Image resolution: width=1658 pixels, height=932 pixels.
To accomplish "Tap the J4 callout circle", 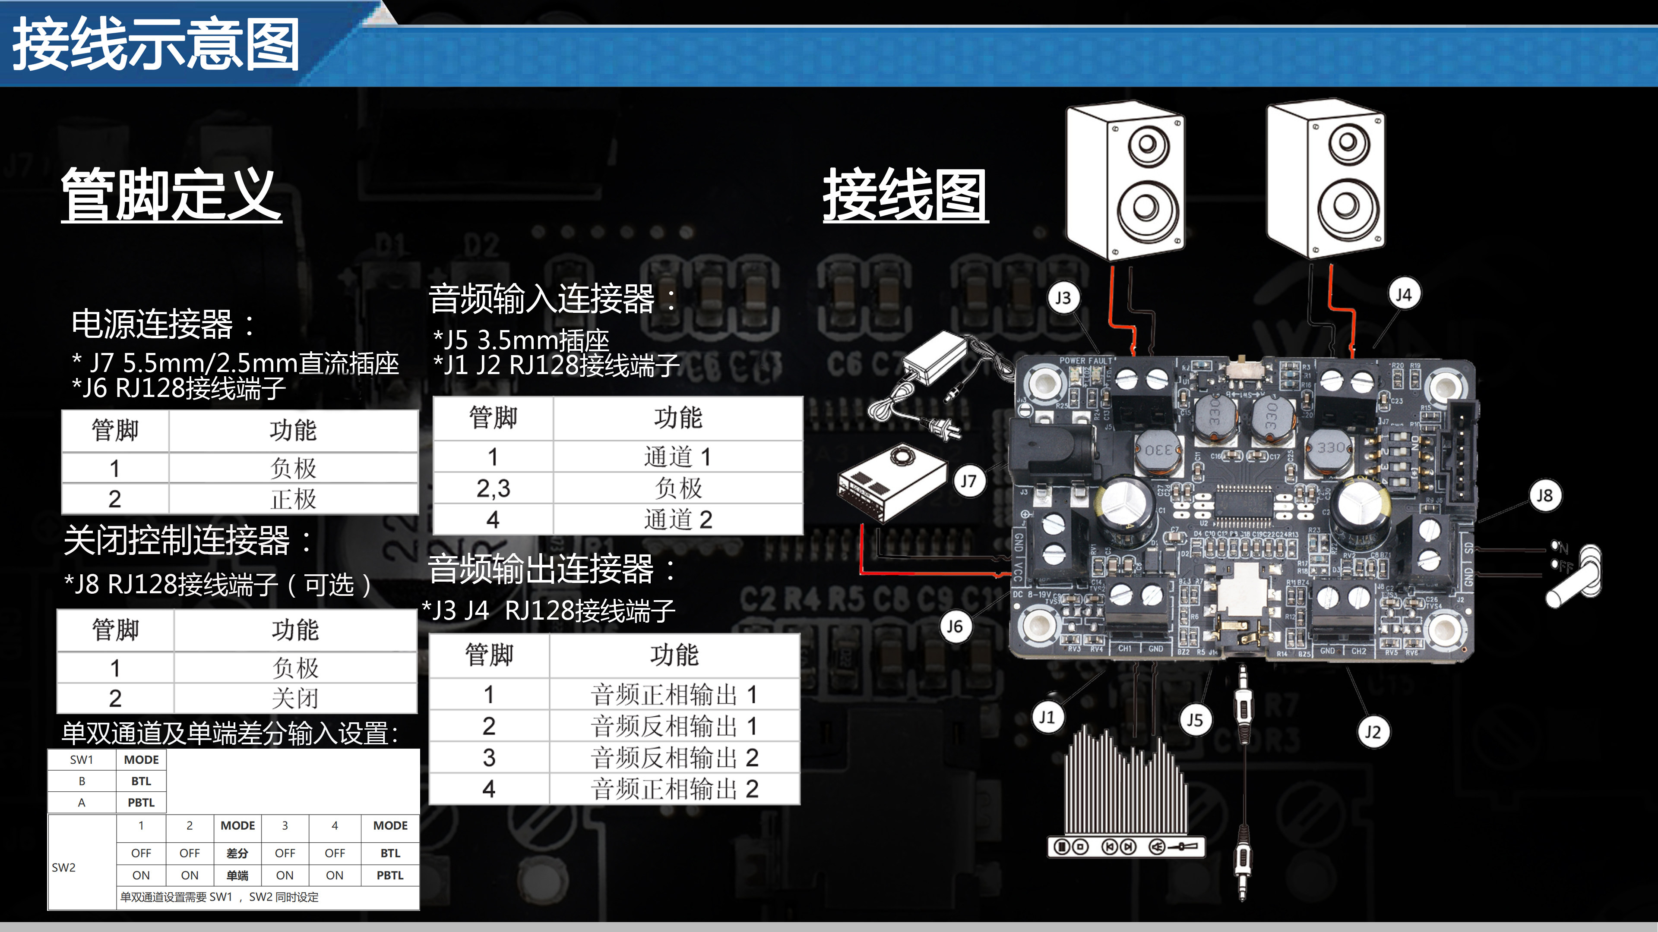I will point(1403,295).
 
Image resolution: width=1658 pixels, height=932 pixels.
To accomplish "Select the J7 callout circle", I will point(968,481).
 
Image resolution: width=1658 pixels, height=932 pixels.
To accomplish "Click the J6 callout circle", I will point(955,627).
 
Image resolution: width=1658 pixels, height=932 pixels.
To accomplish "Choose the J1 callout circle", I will point(1047,717).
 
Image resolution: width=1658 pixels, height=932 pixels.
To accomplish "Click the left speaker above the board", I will point(1124,181).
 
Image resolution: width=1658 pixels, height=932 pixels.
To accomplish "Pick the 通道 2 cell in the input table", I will point(678,520).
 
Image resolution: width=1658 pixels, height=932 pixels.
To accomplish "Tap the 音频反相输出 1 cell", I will point(674,726).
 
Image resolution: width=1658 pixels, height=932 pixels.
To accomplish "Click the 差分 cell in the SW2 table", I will point(237,853).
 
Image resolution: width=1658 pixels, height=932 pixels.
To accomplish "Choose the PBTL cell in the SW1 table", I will point(141,803).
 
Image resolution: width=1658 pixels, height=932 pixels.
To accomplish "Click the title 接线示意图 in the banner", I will point(156,45).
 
